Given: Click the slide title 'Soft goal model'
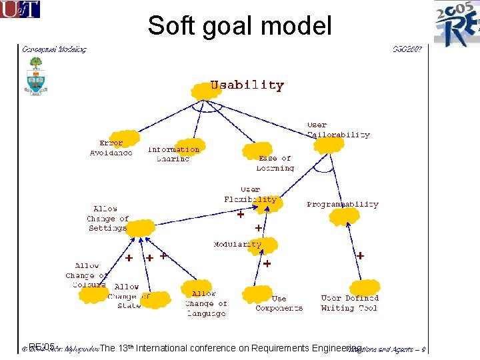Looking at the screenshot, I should click(x=239, y=26).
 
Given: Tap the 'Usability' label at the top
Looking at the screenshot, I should click(x=247, y=85).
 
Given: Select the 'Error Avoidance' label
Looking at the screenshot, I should click(x=111, y=148).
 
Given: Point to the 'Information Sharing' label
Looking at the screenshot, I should click(x=173, y=154).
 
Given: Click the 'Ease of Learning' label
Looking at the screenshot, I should click(x=275, y=163).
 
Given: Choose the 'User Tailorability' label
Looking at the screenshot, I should click(x=338, y=129).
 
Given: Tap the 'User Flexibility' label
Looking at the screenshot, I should click(x=250, y=194).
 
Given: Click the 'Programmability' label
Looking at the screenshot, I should click(x=343, y=204).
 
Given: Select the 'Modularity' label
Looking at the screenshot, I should click(x=237, y=245).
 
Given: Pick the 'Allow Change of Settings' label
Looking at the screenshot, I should click(x=107, y=218).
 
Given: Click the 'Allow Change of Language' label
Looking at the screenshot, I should click(x=206, y=303).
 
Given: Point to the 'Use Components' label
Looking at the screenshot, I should click(x=279, y=303).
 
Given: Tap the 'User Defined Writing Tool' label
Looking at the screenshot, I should click(x=349, y=303).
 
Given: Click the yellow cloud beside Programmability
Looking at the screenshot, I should click(x=345, y=217).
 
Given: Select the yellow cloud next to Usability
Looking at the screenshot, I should click(x=205, y=91).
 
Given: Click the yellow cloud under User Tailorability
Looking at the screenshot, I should click(x=329, y=144).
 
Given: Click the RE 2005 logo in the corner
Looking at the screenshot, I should click(x=457, y=23).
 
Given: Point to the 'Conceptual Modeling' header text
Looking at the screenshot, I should click(x=54, y=49).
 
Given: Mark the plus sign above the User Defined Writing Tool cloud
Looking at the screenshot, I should click(x=360, y=255).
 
